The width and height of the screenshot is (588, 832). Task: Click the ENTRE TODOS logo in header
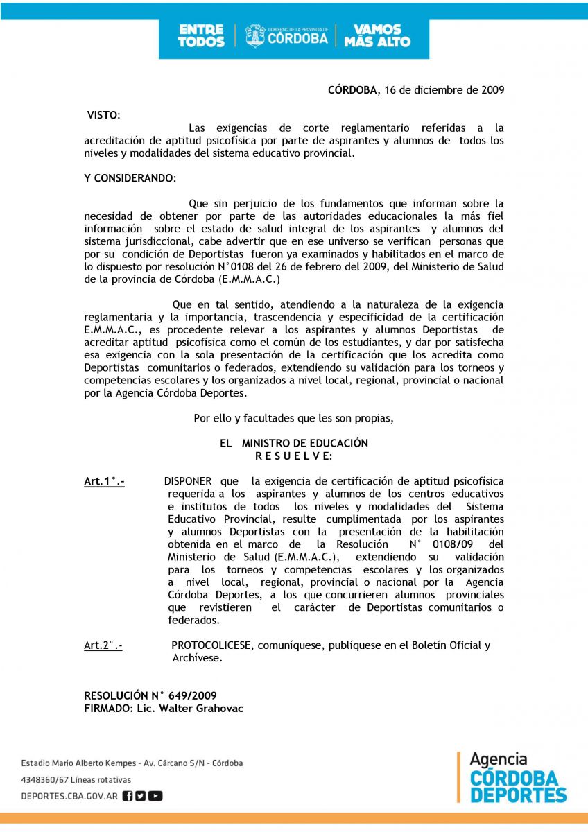coord(201,36)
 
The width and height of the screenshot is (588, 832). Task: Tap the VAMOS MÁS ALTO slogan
coord(377,36)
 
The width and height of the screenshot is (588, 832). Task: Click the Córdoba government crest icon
coord(255,36)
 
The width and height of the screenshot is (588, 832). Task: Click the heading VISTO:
coord(103,114)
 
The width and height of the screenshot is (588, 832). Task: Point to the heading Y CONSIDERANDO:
coord(130,178)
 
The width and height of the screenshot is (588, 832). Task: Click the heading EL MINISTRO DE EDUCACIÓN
coord(294,443)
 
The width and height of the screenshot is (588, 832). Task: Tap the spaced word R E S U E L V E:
coord(294,456)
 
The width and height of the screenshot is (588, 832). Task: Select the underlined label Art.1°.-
coord(104,481)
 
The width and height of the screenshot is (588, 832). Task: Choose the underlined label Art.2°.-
coord(103,645)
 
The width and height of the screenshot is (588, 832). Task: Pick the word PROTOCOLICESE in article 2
coord(213,645)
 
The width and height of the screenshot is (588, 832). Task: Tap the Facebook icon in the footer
coord(128,796)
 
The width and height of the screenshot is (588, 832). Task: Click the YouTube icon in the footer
coord(155,796)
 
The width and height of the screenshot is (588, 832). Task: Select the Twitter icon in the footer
coord(141,796)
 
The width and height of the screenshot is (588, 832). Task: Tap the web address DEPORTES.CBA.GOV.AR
coord(69,796)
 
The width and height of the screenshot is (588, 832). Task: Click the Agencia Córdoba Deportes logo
coord(517,777)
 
